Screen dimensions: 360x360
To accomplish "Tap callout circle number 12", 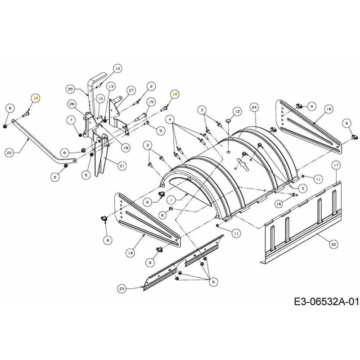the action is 237,111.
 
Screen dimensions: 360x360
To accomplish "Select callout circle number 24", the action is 254,107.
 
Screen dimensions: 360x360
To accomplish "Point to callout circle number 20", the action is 333,244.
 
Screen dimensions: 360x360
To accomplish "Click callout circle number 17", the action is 336,165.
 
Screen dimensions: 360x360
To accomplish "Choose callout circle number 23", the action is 121,288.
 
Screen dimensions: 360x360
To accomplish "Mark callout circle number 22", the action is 9,153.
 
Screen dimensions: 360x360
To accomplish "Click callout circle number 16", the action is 279,204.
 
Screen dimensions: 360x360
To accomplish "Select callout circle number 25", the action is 71,89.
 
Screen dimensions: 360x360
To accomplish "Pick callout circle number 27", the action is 131,90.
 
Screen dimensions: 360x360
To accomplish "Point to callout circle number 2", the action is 151,86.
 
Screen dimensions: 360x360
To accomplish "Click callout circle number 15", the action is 151,102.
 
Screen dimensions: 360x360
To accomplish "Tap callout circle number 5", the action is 161,130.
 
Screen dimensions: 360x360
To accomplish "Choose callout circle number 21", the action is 122,166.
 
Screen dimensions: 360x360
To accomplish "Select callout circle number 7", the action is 72,120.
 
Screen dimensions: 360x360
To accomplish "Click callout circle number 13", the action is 111,86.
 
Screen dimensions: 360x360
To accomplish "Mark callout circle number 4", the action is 170,120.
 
